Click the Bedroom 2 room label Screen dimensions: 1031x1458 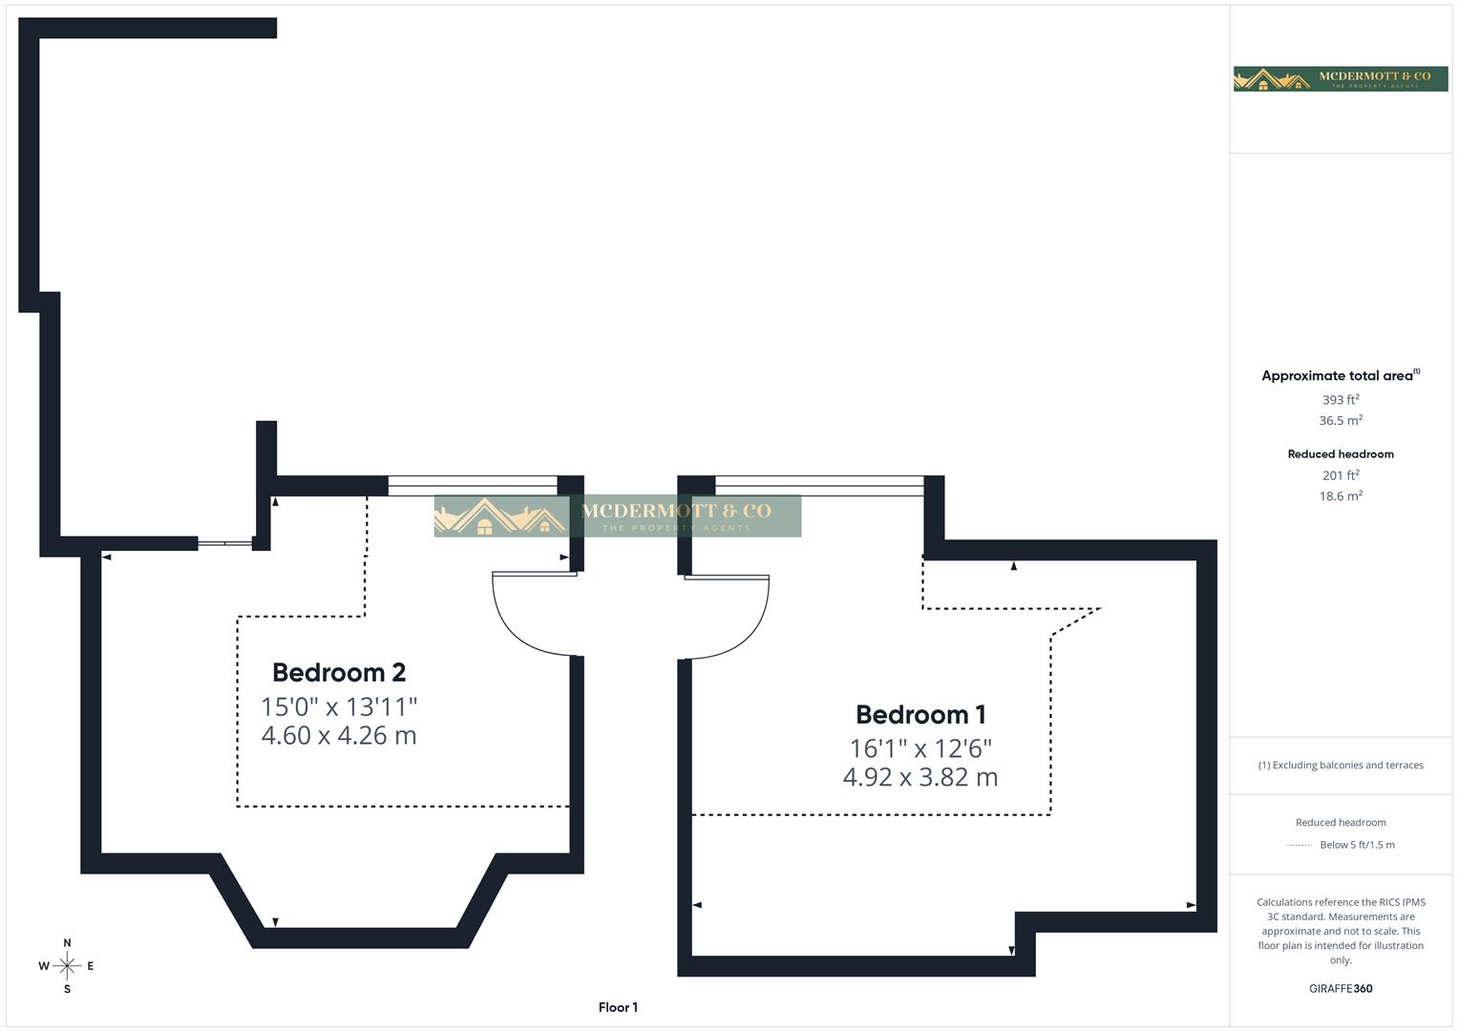tap(339, 672)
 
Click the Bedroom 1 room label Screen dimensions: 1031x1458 tap(920, 714)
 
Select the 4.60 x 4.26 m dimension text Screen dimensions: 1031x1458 tap(339, 735)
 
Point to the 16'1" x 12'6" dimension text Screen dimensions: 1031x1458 tap(920, 747)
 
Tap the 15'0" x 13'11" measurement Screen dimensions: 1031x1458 tap(339, 706)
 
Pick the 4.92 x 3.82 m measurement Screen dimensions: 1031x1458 tap(920, 777)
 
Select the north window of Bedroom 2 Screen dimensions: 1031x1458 tap(472, 486)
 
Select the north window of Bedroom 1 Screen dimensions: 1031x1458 tap(819, 486)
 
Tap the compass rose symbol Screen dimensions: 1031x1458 tap(67, 966)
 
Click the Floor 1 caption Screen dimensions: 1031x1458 tap(618, 1007)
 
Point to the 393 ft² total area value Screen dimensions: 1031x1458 tap(1341, 400)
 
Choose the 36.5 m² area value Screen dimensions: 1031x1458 tap(1341, 420)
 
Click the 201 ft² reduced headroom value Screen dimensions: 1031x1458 tap(1341, 475)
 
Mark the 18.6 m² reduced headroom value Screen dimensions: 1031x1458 tap(1341, 496)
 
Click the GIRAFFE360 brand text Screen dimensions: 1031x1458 tap(1341, 989)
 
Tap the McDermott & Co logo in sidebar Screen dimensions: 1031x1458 tap(1341, 78)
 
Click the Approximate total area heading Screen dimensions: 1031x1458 tap(1339, 376)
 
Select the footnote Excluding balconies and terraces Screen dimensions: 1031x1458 tap(1341, 765)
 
